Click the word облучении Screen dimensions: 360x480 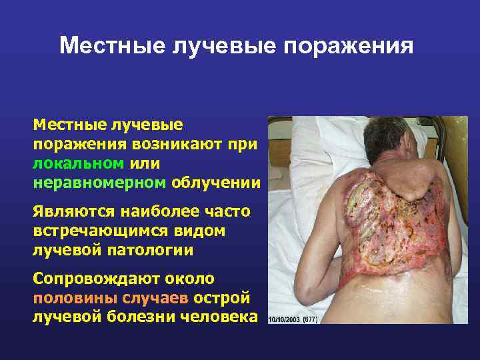coord(216,181)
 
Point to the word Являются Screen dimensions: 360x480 coord(73,212)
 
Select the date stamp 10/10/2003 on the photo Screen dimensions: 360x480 coord(285,319)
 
